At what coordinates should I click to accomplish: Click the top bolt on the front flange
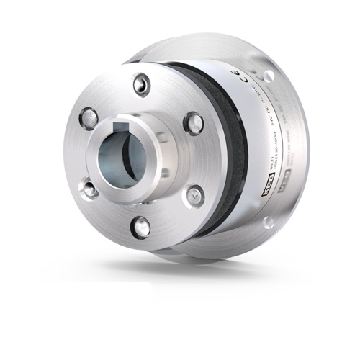tap(142, 84)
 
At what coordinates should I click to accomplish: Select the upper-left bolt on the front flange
tap(89, 117)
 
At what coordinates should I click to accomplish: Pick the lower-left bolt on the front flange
tap(89, 189)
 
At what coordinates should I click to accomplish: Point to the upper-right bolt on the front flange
tap(193, 122)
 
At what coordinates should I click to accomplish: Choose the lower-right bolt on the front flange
tap(194, 194)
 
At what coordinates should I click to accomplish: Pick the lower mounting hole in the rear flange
tap(268, 222)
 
